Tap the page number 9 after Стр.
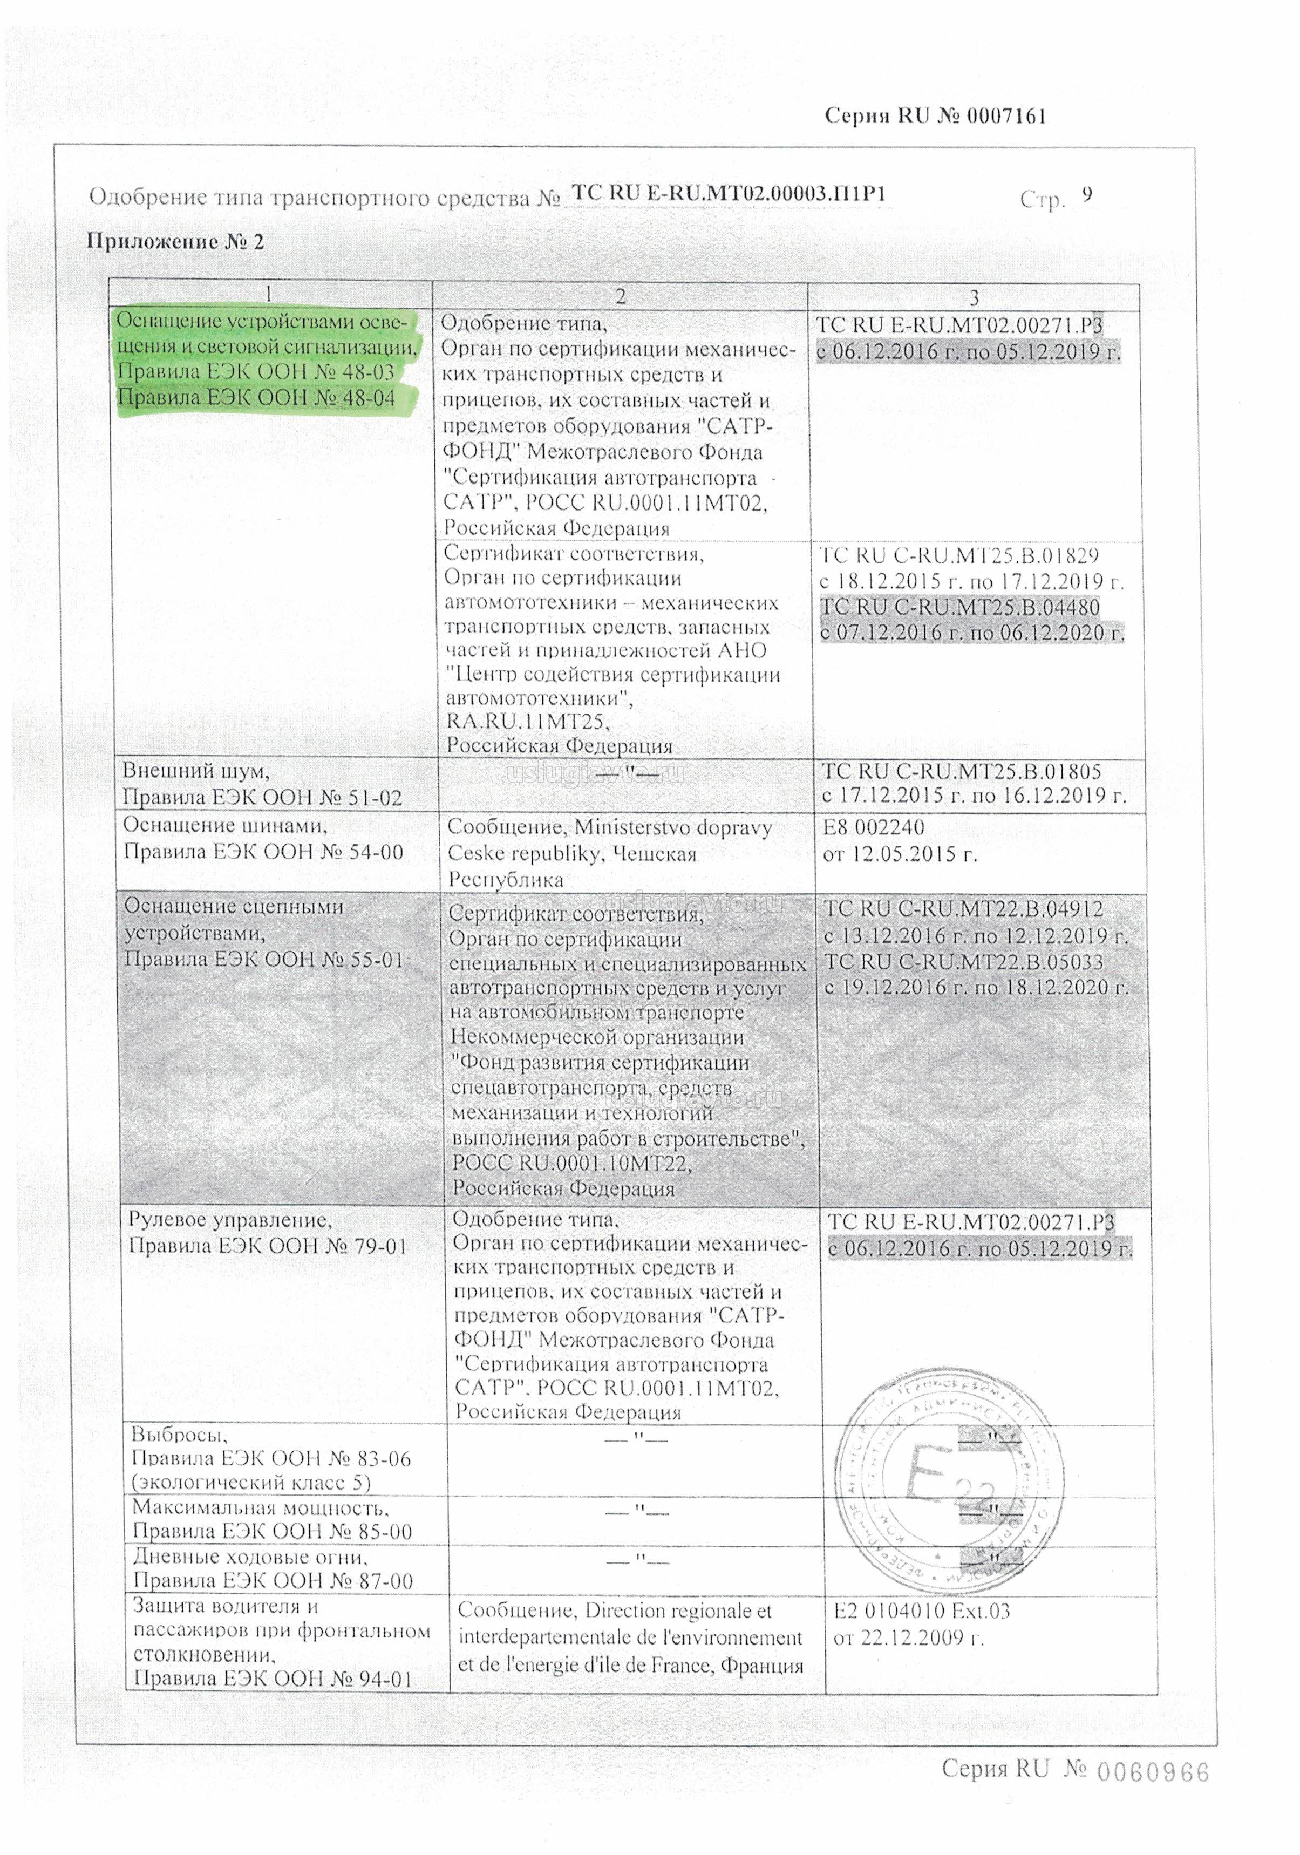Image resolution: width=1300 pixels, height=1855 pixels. pyautogui.click(x=1087, y=195)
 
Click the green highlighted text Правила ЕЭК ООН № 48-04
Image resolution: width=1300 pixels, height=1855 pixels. pyautogui.click(x=256, y=398)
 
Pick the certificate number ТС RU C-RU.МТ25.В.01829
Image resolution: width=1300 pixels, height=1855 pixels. pyautogui.click(x=959, y=556)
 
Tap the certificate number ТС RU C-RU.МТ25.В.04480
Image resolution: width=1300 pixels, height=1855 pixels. pyautogui.click(x=960, y=607)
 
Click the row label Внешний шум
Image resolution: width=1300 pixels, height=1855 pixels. pyautogui.click(x=195, y=771)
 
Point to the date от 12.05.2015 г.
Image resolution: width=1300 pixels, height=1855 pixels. pyautogui.click(x=900, y=854)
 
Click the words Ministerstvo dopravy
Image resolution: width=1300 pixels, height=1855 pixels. pyautogui.click(x=672, y=828)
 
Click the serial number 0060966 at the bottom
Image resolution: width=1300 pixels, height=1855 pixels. pyautogui.click(x=1152, y=1772)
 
